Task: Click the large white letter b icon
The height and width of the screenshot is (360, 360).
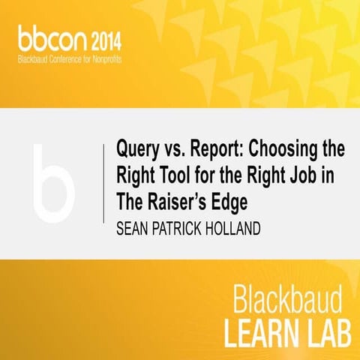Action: (53, 181)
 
